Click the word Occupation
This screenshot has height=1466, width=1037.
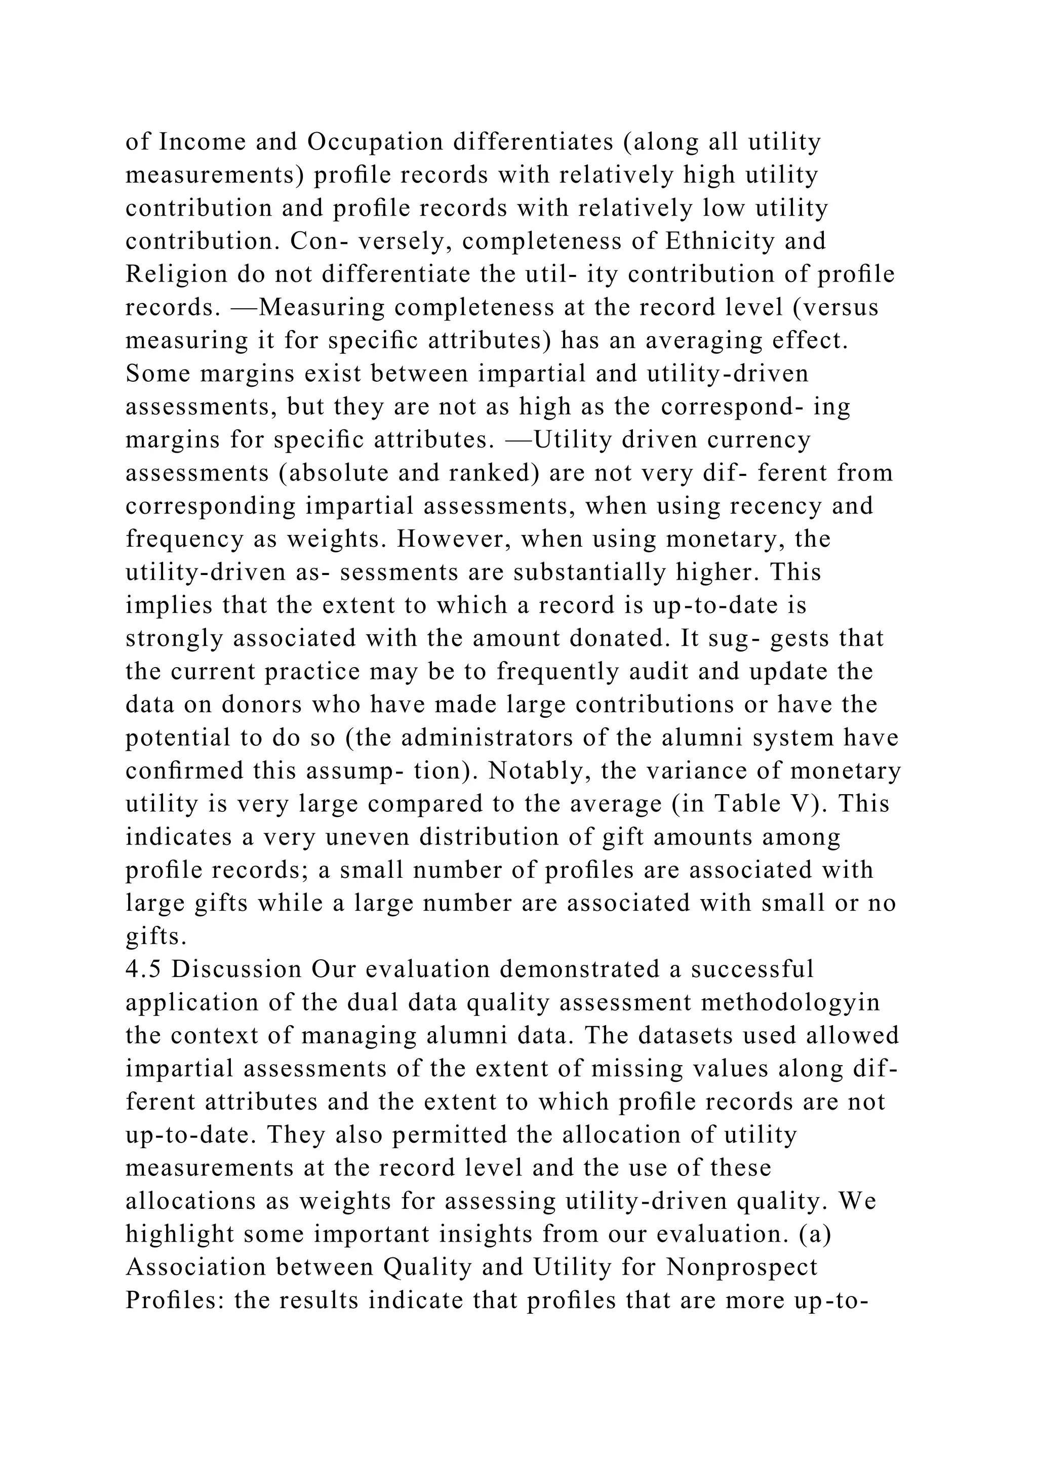click(x=376, y=142)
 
